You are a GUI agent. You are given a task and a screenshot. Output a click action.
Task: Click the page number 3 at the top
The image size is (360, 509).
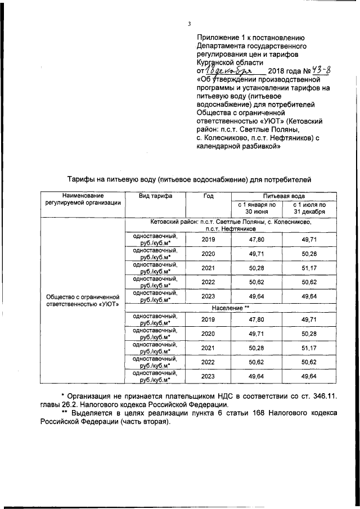190,24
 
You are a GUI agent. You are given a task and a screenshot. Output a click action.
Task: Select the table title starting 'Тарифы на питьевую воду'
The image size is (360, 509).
186,179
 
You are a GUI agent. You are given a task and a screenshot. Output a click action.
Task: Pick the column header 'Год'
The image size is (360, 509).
209,196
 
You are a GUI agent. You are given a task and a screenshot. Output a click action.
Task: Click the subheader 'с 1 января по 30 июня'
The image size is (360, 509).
256,208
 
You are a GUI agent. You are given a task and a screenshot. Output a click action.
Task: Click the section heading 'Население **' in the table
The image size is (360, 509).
230,309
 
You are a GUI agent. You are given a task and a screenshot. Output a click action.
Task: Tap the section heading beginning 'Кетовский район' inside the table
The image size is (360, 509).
230,226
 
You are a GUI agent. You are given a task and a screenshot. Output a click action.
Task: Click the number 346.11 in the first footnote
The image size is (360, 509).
323,397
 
